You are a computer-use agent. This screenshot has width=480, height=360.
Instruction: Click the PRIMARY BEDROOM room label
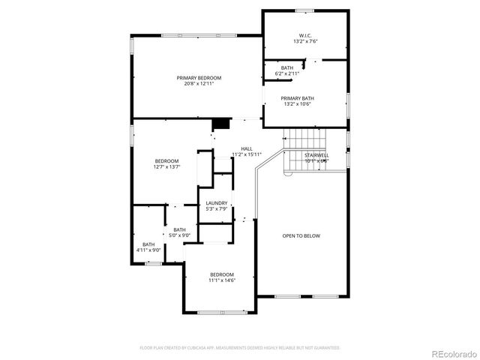[x=199, y=78]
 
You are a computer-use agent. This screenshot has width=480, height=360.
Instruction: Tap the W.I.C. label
[x=306, y=36]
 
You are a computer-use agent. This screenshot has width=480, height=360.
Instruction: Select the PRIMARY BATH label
[x=297, y=98]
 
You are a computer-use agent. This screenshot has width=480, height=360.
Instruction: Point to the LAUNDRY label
[x=216, y=202]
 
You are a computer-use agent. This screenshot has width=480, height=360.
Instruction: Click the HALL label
[x=247, y=148]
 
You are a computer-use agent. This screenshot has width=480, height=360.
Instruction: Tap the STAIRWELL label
[x=317, y=154]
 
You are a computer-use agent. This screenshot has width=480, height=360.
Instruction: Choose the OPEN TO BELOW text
[x=301, y=236]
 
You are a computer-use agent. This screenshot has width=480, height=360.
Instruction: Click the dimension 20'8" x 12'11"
[x=199, y=84]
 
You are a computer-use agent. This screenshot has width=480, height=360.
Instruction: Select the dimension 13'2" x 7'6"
[x=306, y=42]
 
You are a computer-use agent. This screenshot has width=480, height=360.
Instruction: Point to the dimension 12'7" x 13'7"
[x=166, y=167]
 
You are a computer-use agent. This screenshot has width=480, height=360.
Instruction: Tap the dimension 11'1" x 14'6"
[x=222, y=280]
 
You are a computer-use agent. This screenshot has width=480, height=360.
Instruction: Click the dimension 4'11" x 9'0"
[x=149, y=250]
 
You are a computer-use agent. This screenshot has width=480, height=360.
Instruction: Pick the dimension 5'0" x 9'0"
[x=180, y=235]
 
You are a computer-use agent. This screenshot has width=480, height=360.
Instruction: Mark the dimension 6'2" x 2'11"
[x=287, y=73]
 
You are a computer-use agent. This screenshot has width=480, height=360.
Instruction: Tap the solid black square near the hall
[x=220, y=125]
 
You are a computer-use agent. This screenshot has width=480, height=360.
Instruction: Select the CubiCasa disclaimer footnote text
[x=240, y=348]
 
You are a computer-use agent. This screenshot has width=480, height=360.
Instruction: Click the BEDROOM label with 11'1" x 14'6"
[x=222, y=274]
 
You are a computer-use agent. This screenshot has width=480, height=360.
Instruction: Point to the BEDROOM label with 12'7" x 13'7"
[x=166, y=161]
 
